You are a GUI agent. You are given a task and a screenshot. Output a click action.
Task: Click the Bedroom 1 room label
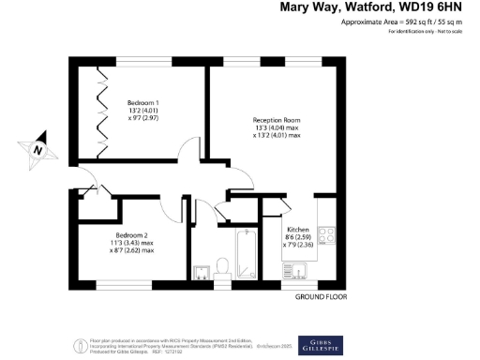click(142, 102)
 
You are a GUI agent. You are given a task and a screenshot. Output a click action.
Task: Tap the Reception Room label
click(277, 120)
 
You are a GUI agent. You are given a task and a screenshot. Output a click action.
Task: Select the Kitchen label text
click(298, 230)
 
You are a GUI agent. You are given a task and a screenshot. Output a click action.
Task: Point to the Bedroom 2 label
click(132, 234)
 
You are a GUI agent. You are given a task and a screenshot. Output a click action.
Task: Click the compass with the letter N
click(37, 149)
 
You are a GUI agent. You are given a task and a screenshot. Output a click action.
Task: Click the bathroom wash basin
click(201, 273)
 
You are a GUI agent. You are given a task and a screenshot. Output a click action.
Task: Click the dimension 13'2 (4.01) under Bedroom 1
click(142, 112)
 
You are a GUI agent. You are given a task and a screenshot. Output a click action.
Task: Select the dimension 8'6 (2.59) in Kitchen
click(298, 239)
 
